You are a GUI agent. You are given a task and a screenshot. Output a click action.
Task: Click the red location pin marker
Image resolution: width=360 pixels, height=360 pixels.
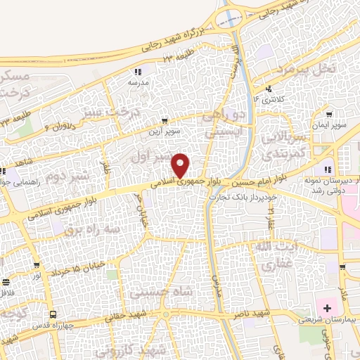coord(181,166)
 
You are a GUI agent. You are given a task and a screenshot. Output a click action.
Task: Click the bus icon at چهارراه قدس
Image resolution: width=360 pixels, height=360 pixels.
coord(53,314)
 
